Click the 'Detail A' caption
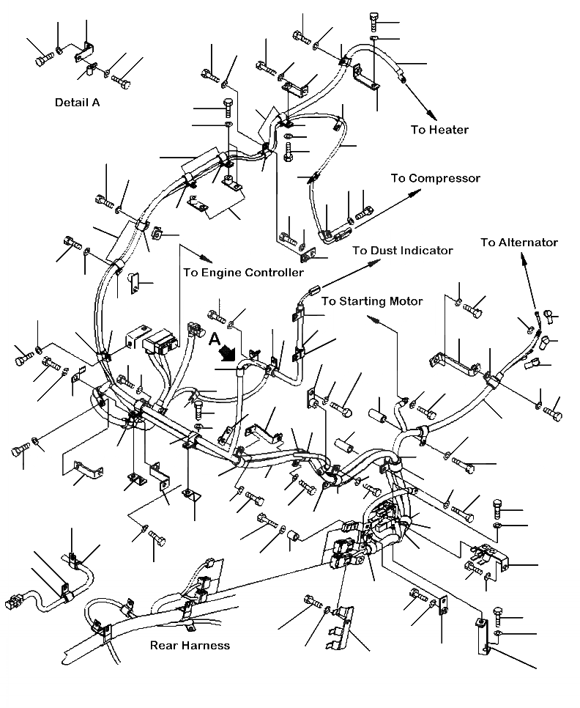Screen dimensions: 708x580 tap(77, 103)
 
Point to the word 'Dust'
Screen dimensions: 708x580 tap(386, 250)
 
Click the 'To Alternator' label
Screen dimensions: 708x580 tap(519, 243)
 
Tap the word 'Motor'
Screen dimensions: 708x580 tap(406, 301)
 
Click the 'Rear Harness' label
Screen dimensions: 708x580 tap(190, 646)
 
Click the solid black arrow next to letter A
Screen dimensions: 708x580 tap(229, 353)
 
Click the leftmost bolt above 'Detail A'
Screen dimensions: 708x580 tap(40, 58)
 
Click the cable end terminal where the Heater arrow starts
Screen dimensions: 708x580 tap(402, 75)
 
